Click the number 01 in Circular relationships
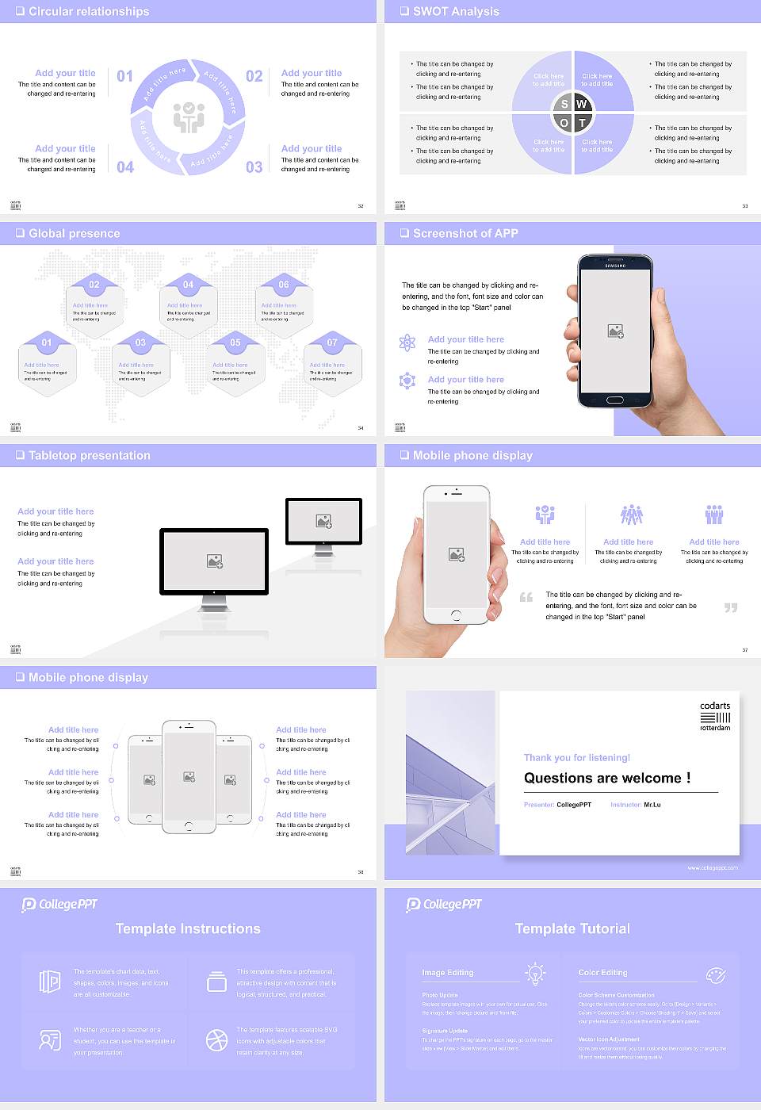(x=125, y=76)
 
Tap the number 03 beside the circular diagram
(x=254, y=167)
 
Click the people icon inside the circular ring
(x=189, y=117)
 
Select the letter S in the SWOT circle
(x=564, y=104)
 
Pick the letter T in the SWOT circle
(x=582, y=123)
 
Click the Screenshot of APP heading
(x=465, y=233)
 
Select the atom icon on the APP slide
(x=407, y=343)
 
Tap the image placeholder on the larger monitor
(x=215, y=561)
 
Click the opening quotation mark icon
(x=526, y=597)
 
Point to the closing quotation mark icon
(x=731, y=608)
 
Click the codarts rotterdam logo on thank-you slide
(x=715, y=716)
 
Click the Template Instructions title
(x=188, y=928)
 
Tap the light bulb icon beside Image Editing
(x=535, y=973)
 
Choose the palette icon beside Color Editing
(x=715, y=974)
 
